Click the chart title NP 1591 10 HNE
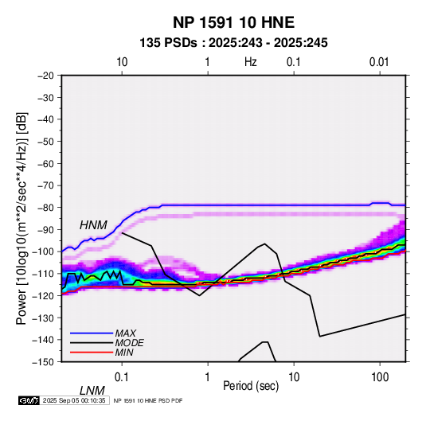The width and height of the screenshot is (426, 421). click(x=233, y=22)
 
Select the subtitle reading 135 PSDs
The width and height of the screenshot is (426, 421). click(x=168, y=43)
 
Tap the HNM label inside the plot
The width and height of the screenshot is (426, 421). click(x=93, y=225)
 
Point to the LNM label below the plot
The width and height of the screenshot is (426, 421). click(x=92, y=391)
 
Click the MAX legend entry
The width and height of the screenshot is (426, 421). click(x=125, y=333)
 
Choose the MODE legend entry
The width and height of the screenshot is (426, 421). click(x=129, y=343)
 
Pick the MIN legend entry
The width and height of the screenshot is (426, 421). click(x=124, y=353)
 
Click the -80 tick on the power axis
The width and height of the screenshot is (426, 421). click(x=45, y=208)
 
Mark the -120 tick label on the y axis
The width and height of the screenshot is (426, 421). click(x=43, y=295)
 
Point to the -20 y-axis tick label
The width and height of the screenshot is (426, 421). click(x=45, y=76)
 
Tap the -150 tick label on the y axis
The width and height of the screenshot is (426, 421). click(x=43, y=362)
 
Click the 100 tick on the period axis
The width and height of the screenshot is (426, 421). click(x=380, y=377)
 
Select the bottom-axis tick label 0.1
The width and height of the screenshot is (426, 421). click(x=122, y=377)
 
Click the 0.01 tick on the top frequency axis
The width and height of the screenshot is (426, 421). click(x=379, y=62)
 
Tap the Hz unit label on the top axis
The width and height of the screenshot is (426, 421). click(x=251, y=62)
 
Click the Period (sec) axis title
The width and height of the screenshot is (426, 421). click(x=251, y=386)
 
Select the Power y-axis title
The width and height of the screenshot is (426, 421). click(x=21, y=218)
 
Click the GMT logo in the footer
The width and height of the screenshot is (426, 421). click(x=29, y=400)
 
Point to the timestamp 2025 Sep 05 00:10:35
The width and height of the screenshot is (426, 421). click(x=74, y=400)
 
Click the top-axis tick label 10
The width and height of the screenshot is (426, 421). click(x=122, y=62)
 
